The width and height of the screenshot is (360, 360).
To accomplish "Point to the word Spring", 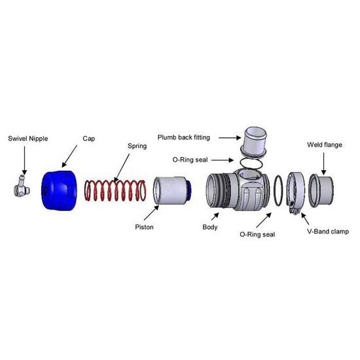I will click(136, 147).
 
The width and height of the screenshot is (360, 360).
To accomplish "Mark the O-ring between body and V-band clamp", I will click(278, 190).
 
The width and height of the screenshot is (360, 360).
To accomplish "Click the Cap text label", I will click(89, 139).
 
